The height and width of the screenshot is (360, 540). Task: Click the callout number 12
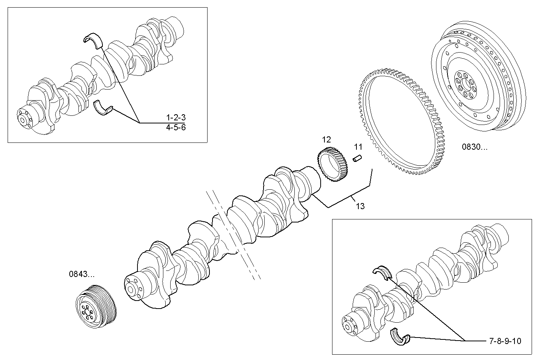pos(326,139)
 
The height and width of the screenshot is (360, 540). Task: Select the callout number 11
pos(358,147)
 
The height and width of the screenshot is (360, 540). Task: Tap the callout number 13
pos(360,206)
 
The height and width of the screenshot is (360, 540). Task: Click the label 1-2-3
pos(176,117)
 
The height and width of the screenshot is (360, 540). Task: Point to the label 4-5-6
pos(176,127)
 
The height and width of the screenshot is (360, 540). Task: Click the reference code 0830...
pos(474,147)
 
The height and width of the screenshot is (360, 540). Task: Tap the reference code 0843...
pos(81,274)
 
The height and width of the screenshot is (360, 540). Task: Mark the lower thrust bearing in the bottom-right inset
pos(401,336)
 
